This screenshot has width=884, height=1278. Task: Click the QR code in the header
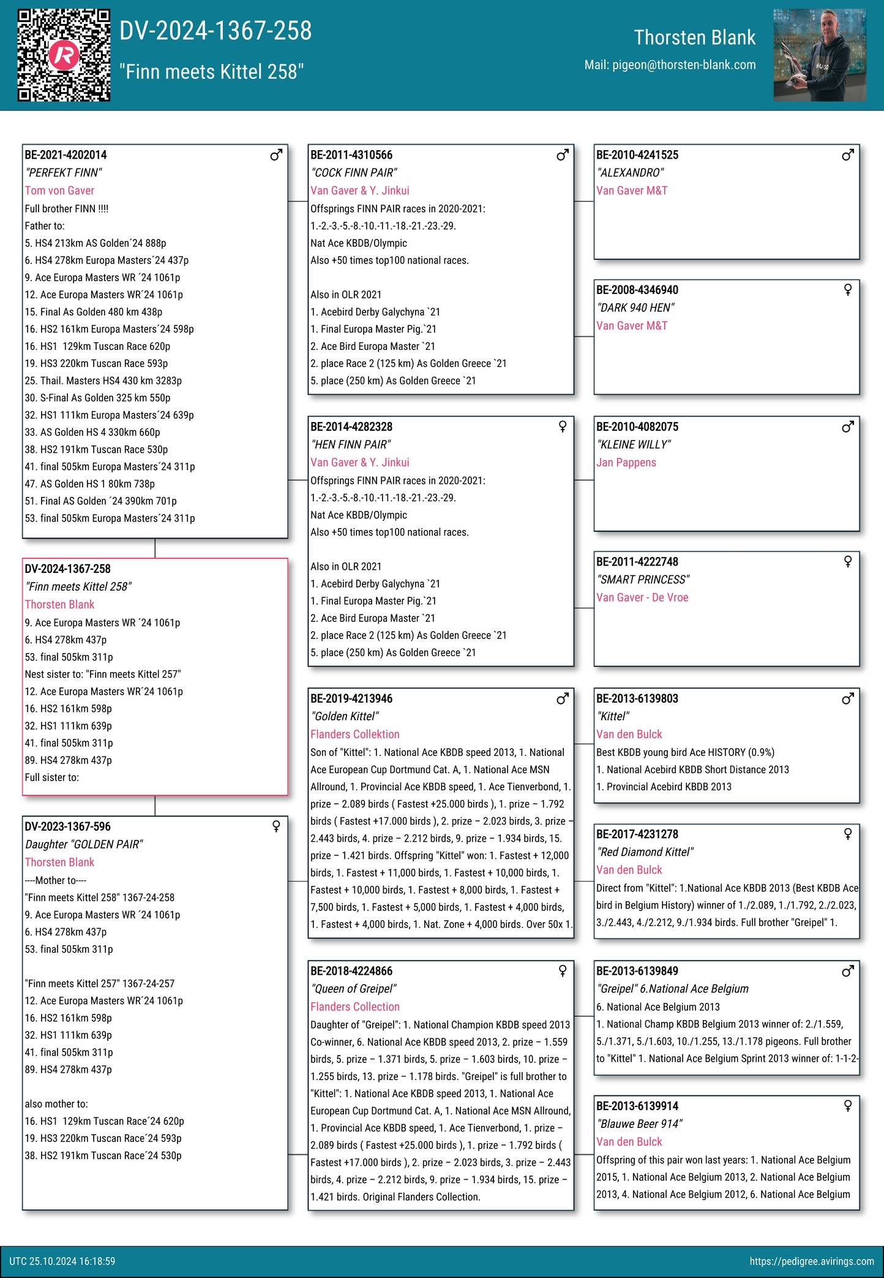tap(64, 55)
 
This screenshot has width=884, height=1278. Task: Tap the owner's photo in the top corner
tap(819, 55)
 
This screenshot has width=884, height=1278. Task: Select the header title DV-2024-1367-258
tap(215, 31)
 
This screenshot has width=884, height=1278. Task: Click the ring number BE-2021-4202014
tap(66, 155)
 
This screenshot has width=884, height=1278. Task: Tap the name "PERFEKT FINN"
tap(64, 173)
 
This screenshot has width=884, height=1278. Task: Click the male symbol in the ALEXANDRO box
tap(848, 155)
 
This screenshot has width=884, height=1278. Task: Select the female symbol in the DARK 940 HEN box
tap(848, 290)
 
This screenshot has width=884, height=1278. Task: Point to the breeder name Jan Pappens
tap(626, 463)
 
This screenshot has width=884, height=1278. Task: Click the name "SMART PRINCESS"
tap(643, 580)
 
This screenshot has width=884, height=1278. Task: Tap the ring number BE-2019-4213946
tap(351, 698)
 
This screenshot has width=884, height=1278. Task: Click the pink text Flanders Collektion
tap(355, 734)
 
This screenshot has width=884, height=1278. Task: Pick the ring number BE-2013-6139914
tap(637, 1106)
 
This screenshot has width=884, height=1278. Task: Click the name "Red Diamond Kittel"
tap(645, 852)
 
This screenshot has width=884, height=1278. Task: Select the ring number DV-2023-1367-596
tap(68, 826)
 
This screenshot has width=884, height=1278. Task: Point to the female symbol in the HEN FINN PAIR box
tap(563, 426)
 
